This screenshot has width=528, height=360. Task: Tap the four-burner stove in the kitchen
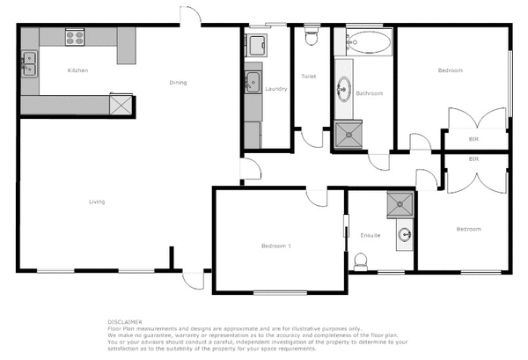[x=75, y=37]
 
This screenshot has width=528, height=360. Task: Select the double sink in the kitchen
[x=29, y=64]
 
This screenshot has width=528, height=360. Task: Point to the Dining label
[x=179, y=83]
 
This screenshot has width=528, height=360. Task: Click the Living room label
[x=97, y=202]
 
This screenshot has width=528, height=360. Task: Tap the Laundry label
[x=276, y=88]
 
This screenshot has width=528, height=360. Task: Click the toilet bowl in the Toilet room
[x=310, y=35]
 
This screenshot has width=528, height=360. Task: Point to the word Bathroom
[x=369, y=93]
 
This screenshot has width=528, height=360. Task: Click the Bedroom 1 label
[x=276, y=245]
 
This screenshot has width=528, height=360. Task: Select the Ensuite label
[x=371, y=235]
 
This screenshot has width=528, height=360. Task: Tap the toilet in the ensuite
[x=359, y=261]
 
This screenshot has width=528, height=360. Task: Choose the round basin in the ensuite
[x=404, y=235]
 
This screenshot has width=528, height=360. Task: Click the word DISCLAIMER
[x=126, y=321]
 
